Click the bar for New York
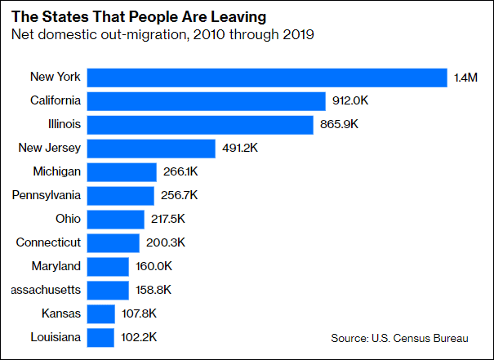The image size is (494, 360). click(267, 78)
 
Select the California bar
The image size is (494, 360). click(207, 101)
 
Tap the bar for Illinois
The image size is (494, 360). click(200, 125)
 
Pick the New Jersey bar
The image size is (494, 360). click(152, 149)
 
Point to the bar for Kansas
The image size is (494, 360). click(100, 313)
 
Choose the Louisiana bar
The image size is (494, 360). click(100, 337)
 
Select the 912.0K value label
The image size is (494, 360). click(351, 101)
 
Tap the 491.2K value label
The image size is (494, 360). click(241, 149)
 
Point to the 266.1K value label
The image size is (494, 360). click(180, 172)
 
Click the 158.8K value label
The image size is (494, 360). click(153, 290)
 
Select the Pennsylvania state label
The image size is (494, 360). click(47, 195)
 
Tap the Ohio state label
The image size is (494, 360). click(67, 219)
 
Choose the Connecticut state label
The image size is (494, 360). click(49, 242)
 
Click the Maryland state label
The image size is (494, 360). click(56, 266)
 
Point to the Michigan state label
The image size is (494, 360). click(56, 171)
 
